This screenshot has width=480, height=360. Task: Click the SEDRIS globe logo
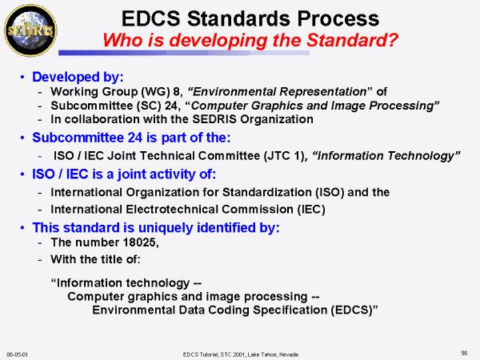[x=30, y=30]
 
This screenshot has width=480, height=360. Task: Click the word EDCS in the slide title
[x=151, y=18]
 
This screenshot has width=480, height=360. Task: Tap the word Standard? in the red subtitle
[x=352, y=40]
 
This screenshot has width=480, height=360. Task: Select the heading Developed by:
[x=78, y=77]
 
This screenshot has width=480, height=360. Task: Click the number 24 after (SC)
[x=171, y=106]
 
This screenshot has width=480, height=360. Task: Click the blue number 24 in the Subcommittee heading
[x=135, y=138]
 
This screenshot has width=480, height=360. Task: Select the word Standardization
[x=267, y=192]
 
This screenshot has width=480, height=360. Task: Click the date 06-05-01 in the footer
[x=17, y=354]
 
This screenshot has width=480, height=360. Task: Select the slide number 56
[x=464, y=353]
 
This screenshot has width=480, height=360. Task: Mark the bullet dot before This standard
[x=22, y=228]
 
